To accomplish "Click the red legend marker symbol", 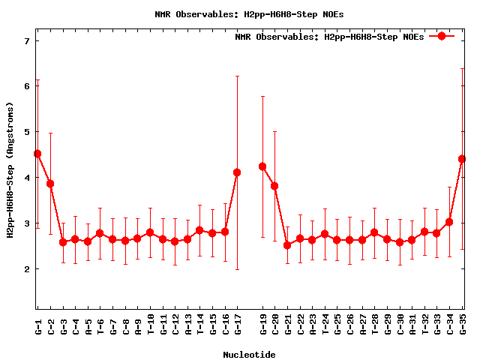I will coord(442,36).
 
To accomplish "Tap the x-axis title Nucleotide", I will coord(249,354).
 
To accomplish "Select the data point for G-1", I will coord(37,154).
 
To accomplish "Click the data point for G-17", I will coord(237,172).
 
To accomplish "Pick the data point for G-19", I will coord(262,166).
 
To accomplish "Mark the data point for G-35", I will coord(462,159).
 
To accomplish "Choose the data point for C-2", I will coord(50,184).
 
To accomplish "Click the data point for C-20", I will coord(274,186).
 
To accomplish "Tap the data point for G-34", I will coord(449,222).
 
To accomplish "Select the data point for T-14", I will coord(199,230).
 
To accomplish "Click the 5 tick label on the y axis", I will coord(26,132).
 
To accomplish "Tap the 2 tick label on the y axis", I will coord(26,268).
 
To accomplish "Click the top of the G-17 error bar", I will coord(237,76).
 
